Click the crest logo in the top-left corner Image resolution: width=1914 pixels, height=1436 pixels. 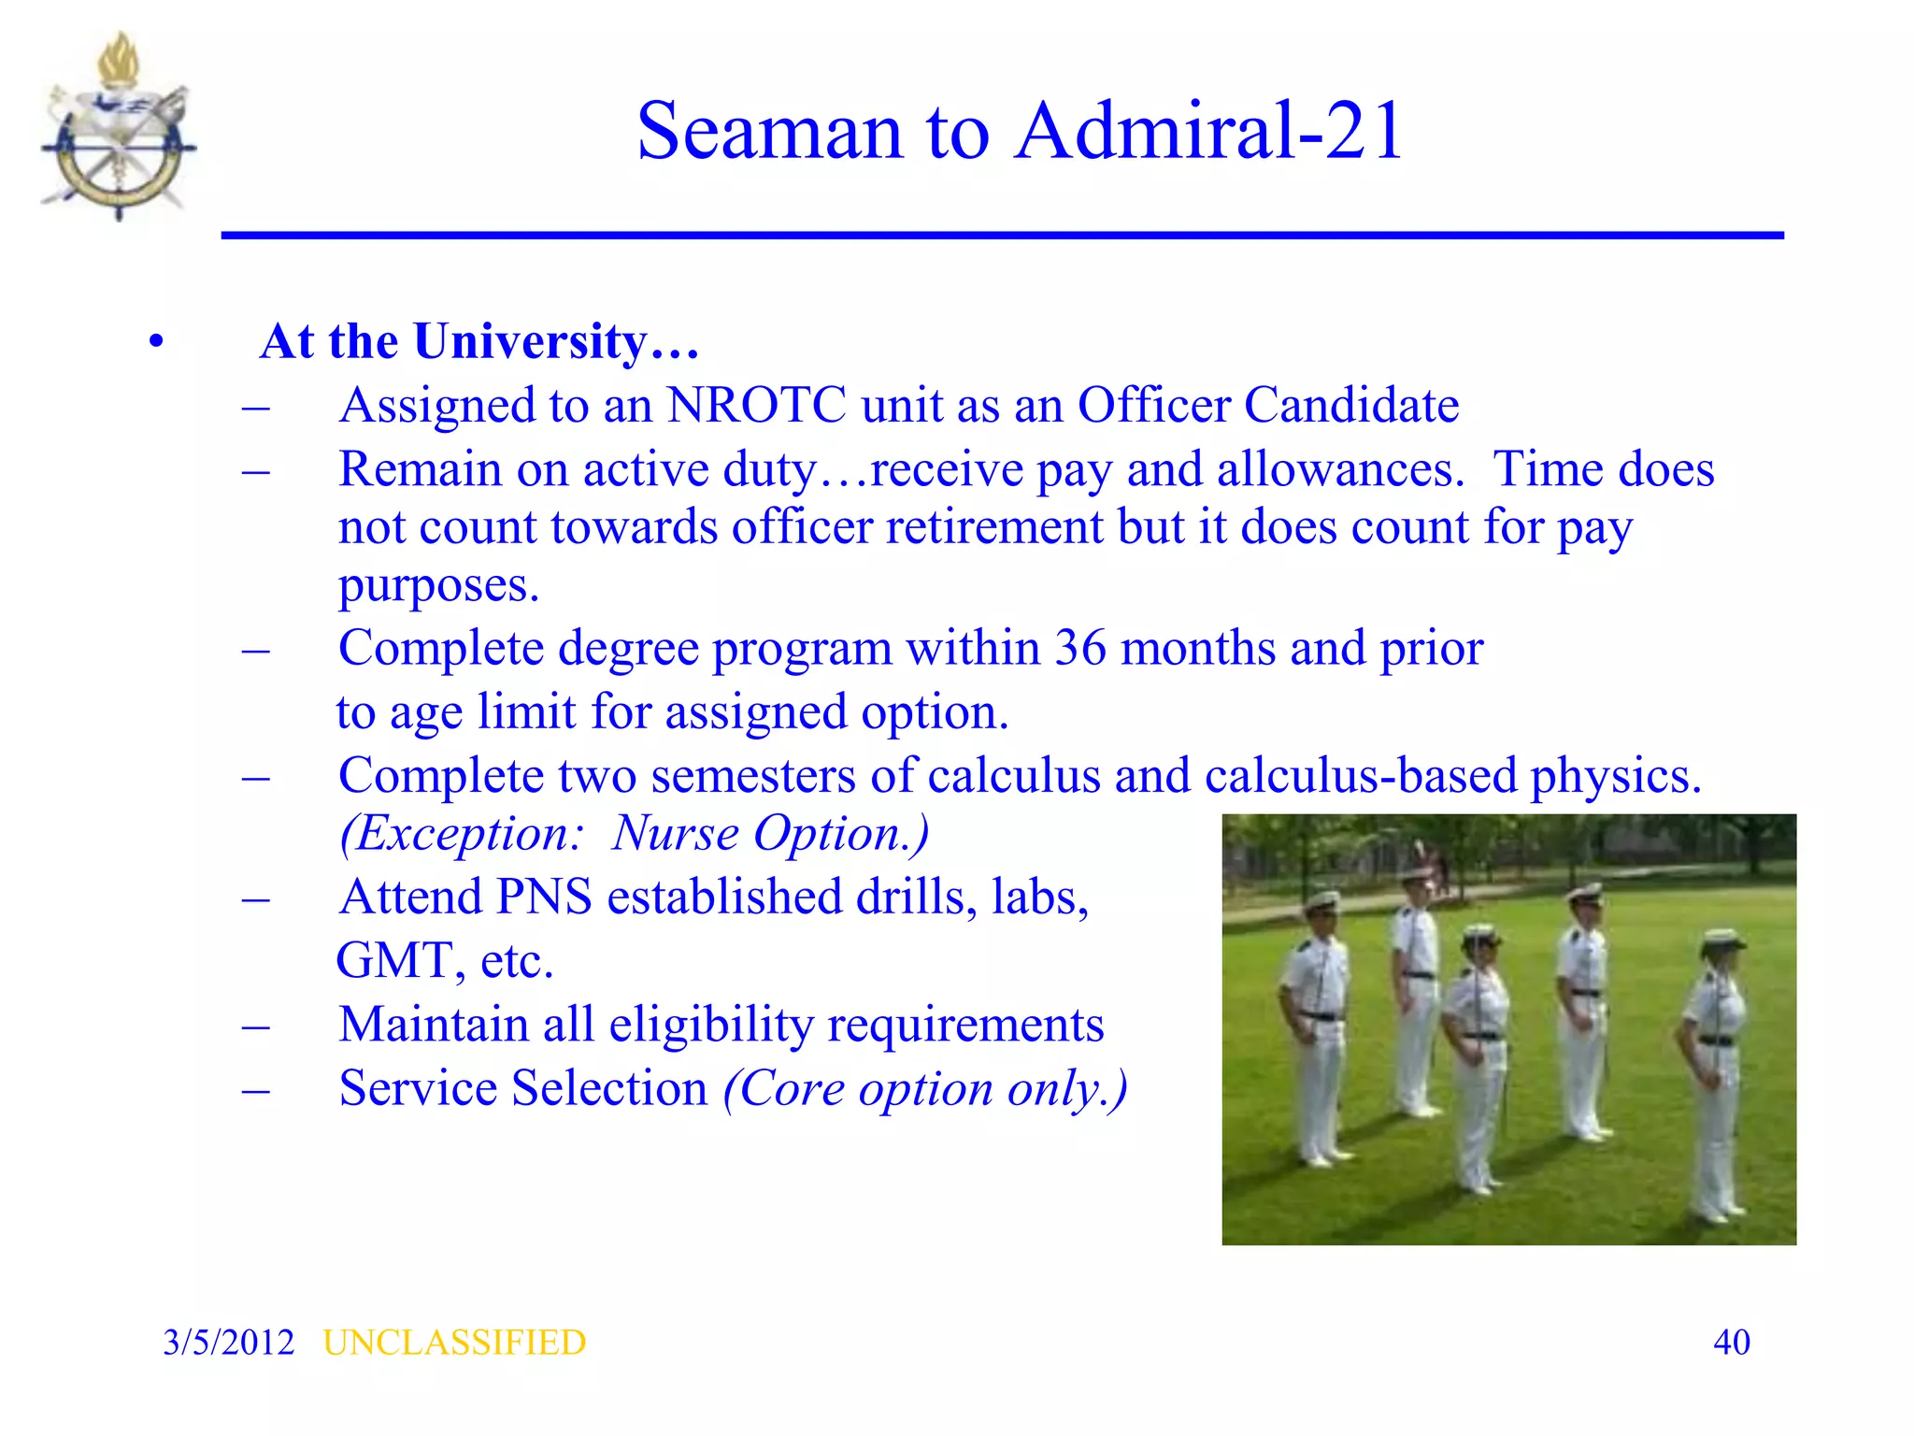(x=119, y=128)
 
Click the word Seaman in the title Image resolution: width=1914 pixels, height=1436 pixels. (x=769, y=132)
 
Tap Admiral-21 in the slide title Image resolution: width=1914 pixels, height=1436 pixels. (x=1209, y=132)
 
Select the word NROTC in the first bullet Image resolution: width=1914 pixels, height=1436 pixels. (x=757, y=406)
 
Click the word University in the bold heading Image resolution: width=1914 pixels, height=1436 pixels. (x=531, y=341)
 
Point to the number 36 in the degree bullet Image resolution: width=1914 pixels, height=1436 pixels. (x=1080, y=648)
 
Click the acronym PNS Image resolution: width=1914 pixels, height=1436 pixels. (x=544, y=897)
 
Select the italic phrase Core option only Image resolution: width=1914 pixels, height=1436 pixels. (x=925, y=1089)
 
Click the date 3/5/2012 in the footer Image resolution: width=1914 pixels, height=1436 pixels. (x=228, y=1343)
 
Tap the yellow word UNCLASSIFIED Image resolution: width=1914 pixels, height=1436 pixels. (x=454, y=1343)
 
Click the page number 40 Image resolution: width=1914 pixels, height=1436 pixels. (x=1731, y=1343)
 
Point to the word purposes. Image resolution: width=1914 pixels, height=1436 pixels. (x=438, y=586)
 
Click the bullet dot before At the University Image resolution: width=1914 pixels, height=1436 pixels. (x=156, y=342)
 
